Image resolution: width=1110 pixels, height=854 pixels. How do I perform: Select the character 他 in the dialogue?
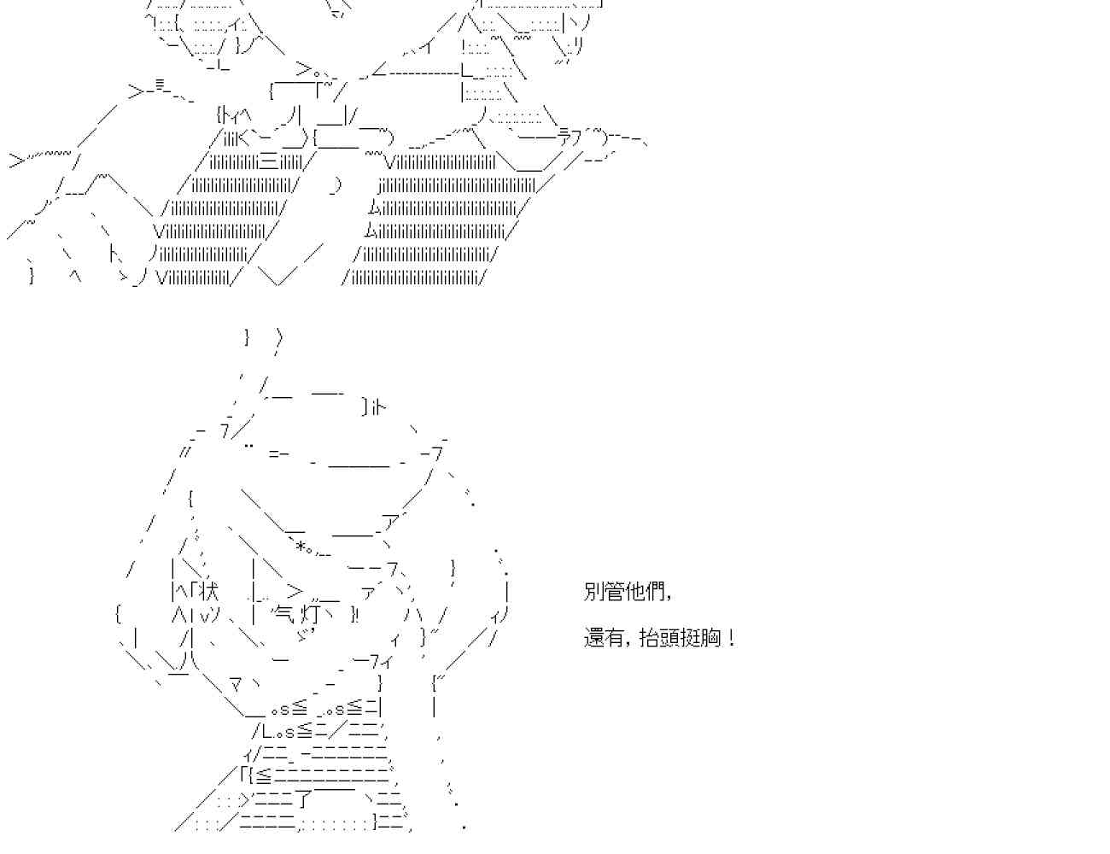click(x=635, y=591)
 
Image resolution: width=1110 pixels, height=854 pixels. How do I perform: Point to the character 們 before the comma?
click(x=656, y=591)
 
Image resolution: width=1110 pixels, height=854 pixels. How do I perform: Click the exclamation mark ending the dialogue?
click(x=732, y=637)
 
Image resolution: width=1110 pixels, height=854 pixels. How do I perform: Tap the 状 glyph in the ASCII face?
click(x=209, y=590)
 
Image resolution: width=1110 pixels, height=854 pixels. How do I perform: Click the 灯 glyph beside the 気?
click(x=311, y=613)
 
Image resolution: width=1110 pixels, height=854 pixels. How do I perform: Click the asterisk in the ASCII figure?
click(x=301, y=546)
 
